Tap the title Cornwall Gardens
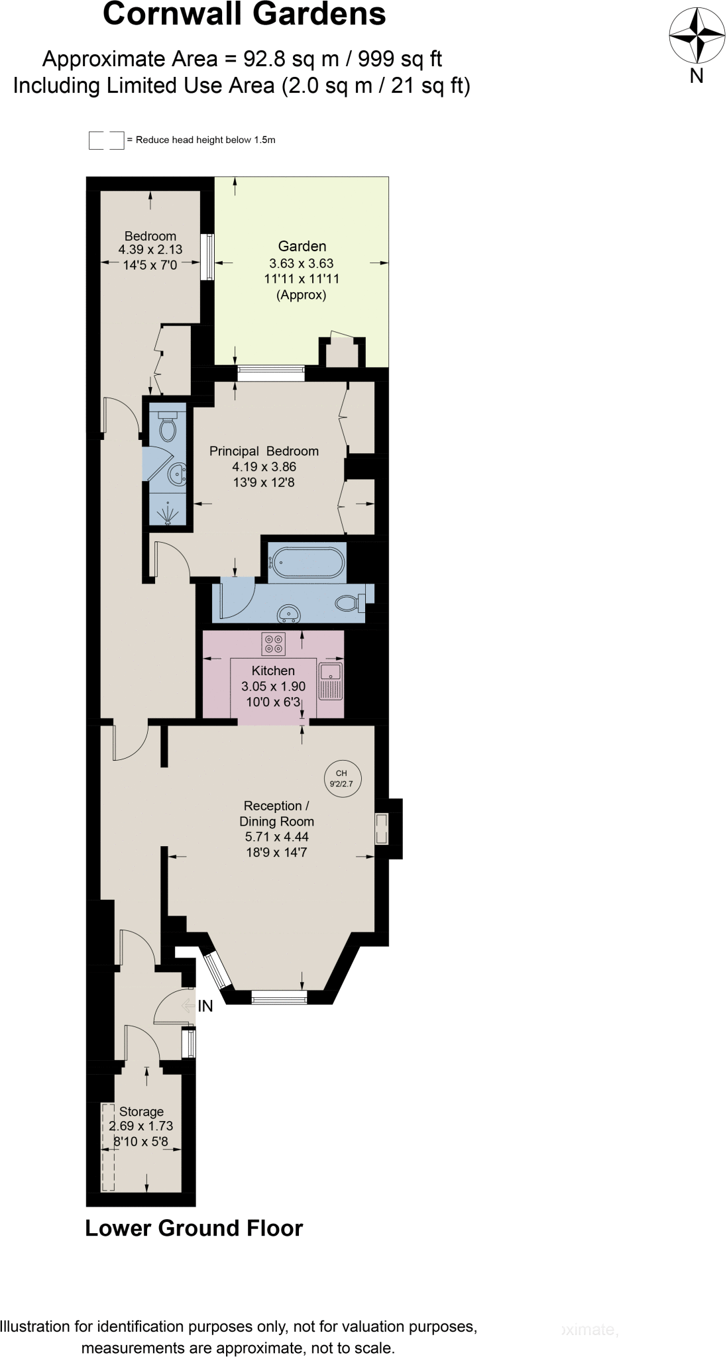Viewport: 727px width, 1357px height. (244, 15)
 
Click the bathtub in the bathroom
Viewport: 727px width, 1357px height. (306, 563)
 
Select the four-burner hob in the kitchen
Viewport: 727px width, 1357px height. (273, 643)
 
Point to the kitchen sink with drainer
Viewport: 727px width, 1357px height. (331, 680)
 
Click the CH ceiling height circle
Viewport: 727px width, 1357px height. (342, 779)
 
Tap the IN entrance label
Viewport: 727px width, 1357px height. (205, 1006)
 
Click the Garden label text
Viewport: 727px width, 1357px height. (302, 246)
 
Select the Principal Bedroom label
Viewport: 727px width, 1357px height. (264, 451)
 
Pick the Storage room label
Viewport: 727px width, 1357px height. (141, 1111)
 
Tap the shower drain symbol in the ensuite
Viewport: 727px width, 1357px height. (168, 514)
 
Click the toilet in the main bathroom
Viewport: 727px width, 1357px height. (349, 603)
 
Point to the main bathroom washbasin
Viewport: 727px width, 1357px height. (289, 614)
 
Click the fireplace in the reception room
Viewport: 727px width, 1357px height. (382, 828)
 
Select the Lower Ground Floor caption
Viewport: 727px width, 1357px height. (194, 1228)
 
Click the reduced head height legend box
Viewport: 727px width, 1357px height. (106, 140)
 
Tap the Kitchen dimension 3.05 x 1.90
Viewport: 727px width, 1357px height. (273, 686)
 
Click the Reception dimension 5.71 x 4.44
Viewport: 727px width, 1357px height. (276, 837)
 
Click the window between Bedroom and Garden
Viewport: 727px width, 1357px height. (207, 256)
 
